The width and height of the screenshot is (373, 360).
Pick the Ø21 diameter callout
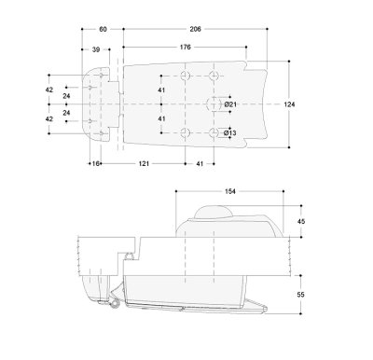230,104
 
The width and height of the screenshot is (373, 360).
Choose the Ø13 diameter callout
230,133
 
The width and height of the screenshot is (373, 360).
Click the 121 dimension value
143,163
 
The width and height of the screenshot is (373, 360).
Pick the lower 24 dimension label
66,113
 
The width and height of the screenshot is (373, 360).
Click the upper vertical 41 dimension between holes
161,90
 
